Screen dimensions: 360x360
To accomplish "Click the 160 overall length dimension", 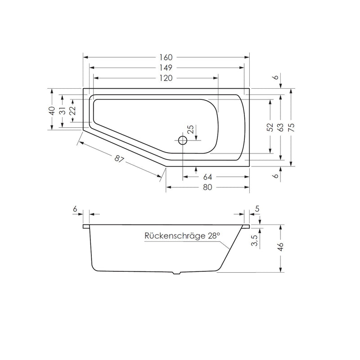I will click(166, 57).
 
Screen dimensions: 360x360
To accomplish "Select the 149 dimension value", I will click(166, 67).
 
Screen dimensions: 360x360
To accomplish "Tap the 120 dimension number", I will click(166, 78).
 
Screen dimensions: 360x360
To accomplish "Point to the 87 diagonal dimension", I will click(119, 159).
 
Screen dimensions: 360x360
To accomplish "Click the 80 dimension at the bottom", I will click(207, 187).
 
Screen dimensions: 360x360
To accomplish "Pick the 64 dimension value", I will click(207, 176).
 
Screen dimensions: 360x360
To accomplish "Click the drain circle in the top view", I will click(182, 140).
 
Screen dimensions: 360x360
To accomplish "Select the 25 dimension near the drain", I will click(191, 130).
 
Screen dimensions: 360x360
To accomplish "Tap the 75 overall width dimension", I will click(292, 128).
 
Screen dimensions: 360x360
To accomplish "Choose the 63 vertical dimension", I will click(281, 128).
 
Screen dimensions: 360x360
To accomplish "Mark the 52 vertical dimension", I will click(270, 128).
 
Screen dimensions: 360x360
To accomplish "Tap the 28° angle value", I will click(214, 235).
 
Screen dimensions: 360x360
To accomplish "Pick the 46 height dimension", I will click(281, 247).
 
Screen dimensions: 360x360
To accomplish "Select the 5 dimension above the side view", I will click(257, 208).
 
